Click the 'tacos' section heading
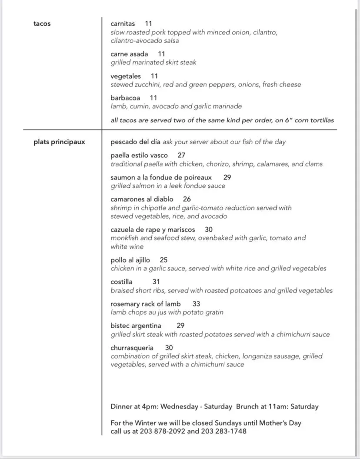pos(42,24)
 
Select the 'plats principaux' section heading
pos(59,142)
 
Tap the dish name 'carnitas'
pos(123,24)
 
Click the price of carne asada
pos(161,54)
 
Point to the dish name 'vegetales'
pos(126,76)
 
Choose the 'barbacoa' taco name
pos(125,98)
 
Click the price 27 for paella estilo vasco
pos(181,155)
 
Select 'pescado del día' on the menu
pos(136,142)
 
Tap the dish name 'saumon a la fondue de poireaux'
pos(161,177)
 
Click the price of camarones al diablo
pos(187,199)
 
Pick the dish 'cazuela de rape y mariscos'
pos(153,229)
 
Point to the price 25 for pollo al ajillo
pos(163,260)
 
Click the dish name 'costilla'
pos(121,282)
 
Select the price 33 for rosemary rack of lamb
pos(196,304)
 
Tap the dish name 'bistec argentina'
pos(136,326)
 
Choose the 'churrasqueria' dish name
pos(132,348)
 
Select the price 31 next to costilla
pos(156,282)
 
